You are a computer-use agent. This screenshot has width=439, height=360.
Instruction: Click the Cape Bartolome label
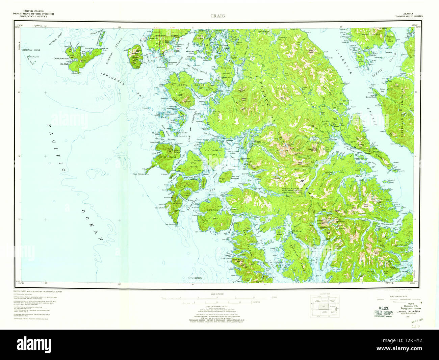point(171,225)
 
